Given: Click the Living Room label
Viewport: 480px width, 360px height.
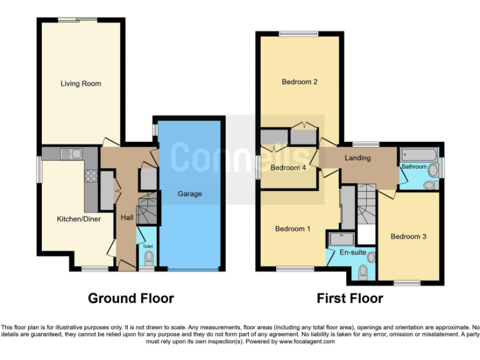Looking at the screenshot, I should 81,84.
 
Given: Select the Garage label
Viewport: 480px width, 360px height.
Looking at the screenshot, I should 189,194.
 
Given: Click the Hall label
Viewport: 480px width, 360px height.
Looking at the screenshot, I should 127,217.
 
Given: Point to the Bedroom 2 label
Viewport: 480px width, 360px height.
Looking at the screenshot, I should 299,82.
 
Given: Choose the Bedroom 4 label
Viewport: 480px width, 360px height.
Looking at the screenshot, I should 288,167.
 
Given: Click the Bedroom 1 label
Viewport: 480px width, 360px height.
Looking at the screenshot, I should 292,229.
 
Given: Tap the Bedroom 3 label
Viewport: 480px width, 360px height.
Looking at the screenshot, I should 408,236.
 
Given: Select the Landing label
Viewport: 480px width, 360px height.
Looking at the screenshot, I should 357,158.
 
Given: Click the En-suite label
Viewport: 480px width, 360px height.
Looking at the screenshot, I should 352,253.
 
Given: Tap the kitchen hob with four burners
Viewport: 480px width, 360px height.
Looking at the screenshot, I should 91,176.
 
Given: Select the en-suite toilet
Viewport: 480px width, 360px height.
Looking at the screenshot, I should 363,271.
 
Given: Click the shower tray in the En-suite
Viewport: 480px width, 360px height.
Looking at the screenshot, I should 342,237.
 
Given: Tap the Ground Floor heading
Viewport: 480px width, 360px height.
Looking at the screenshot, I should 131,298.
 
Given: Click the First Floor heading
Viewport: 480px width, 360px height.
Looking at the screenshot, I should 349,298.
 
